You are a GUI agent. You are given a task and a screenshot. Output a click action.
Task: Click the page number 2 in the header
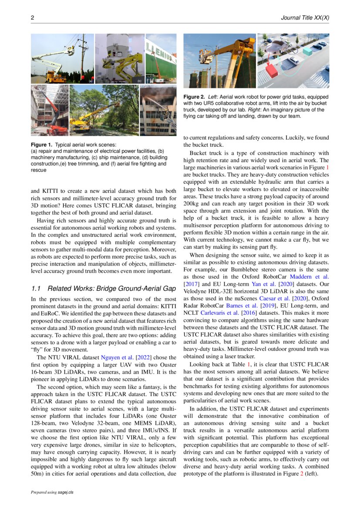tap(32, 18)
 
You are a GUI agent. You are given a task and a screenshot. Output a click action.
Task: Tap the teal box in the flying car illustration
tap(307, 51)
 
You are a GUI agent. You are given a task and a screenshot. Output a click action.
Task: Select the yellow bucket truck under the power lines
tap(55, 77)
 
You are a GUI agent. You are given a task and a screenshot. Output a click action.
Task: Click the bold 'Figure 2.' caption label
tap(194, 97)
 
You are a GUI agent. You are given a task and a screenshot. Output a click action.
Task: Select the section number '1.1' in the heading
tap(37, 288)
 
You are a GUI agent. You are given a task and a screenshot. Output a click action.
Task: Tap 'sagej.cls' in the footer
tap(66, 492)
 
